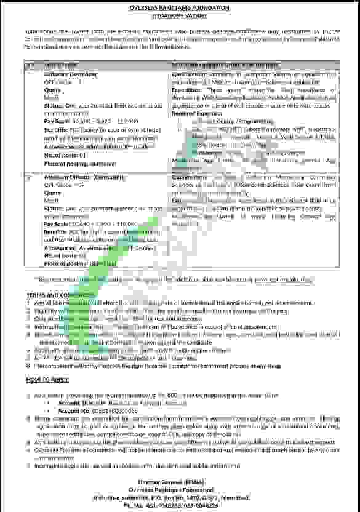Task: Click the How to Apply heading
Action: click(x=46, y=380)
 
